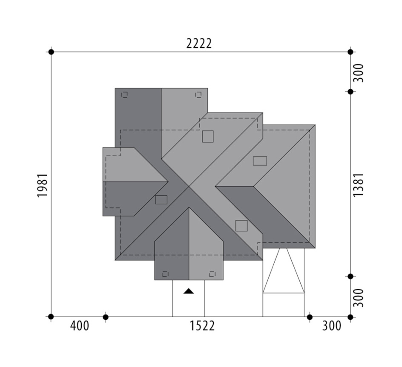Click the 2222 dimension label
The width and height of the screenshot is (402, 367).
pos(199,43)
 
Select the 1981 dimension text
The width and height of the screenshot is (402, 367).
pos(43,185)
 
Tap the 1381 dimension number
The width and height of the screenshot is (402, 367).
pos(359,185)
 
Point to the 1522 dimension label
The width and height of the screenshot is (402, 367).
pos(202,326)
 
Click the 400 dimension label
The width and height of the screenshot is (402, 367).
pos(80,326)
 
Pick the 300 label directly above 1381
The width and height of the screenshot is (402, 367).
pos(359,73)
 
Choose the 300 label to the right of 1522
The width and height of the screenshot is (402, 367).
pos(332,326)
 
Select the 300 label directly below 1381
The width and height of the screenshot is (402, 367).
pos(359,298)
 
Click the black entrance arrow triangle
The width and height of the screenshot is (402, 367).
pos(189,291)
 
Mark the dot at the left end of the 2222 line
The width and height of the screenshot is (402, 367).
pos(51,52)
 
